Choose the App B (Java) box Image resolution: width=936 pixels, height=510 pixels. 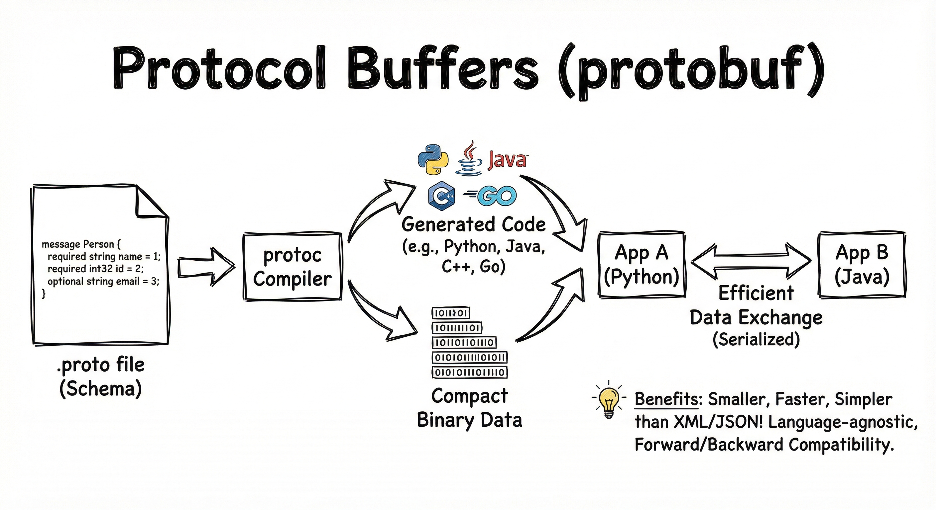point(862,265)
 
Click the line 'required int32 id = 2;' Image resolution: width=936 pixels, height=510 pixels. point(96,269)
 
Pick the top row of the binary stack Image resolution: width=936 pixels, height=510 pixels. point(451,313)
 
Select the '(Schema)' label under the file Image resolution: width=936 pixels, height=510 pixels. point(101,389)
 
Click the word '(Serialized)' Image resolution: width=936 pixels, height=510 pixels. point(756,339)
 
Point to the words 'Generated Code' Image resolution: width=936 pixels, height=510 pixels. point(473,225)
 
